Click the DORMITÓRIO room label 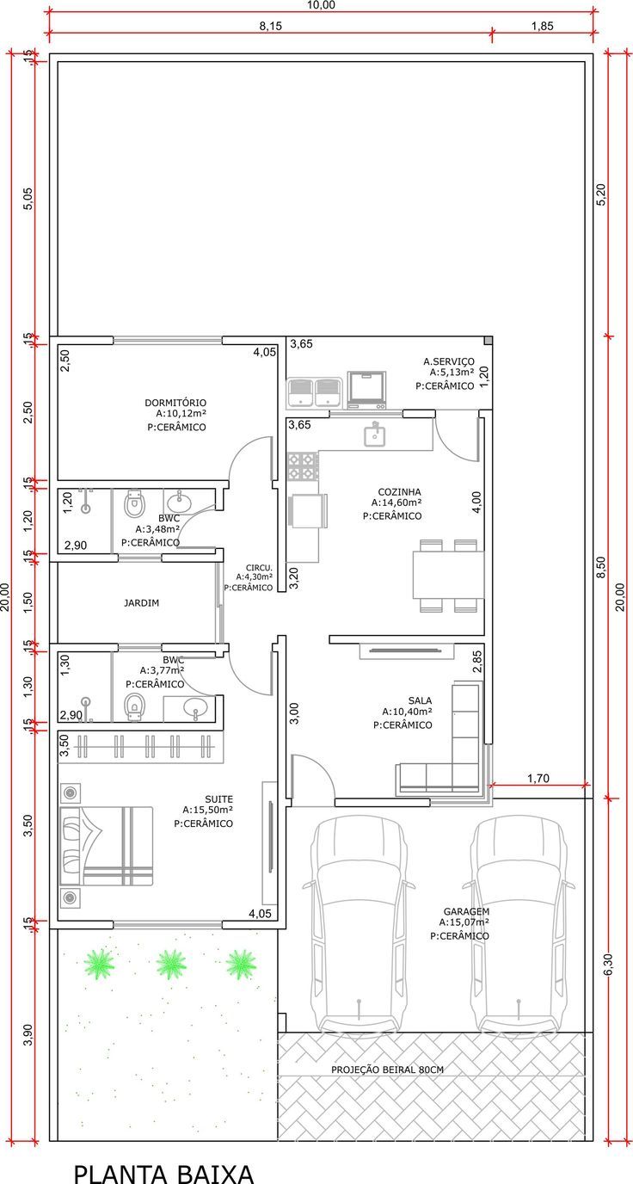coord(175,403)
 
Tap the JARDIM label coord(142,602)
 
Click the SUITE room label coord(218,799)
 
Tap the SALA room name coord(420,700)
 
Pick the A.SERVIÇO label coord(449,361)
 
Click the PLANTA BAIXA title coord(163,1170)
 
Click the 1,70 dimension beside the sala coord(538,778)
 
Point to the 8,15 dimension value coord(271,27)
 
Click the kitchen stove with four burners coord(303,466)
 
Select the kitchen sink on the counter coord(375,435)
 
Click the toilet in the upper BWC coord(134,503)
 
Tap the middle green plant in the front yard coord(171,963)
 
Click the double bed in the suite coord(106,846)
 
